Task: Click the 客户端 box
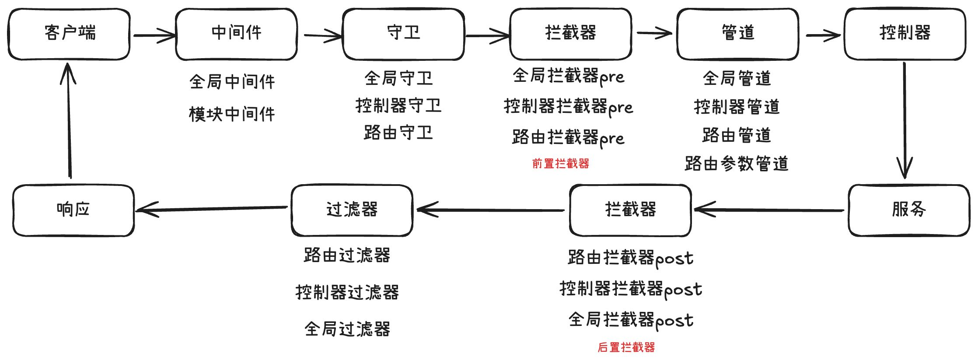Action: coord(69,34)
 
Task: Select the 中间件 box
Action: coord(236,34)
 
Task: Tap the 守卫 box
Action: coord(403,34)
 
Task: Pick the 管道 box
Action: coord(737,34)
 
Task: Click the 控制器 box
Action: coord(905,34)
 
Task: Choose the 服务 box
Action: coord(909,210)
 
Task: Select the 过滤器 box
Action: coord(352,210)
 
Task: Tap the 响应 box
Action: coord(73,210)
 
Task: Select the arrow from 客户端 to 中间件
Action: coord(154,35)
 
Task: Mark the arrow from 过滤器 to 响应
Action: coord(212,209)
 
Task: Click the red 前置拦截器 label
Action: coord(560,164)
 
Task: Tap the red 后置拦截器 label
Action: coord(626,347)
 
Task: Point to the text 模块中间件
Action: coord(232,115)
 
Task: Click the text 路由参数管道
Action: coord(737,164)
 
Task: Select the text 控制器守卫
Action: coord(398,106)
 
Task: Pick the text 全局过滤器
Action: coord(347,329)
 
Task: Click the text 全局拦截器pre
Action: coord(568,77)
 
